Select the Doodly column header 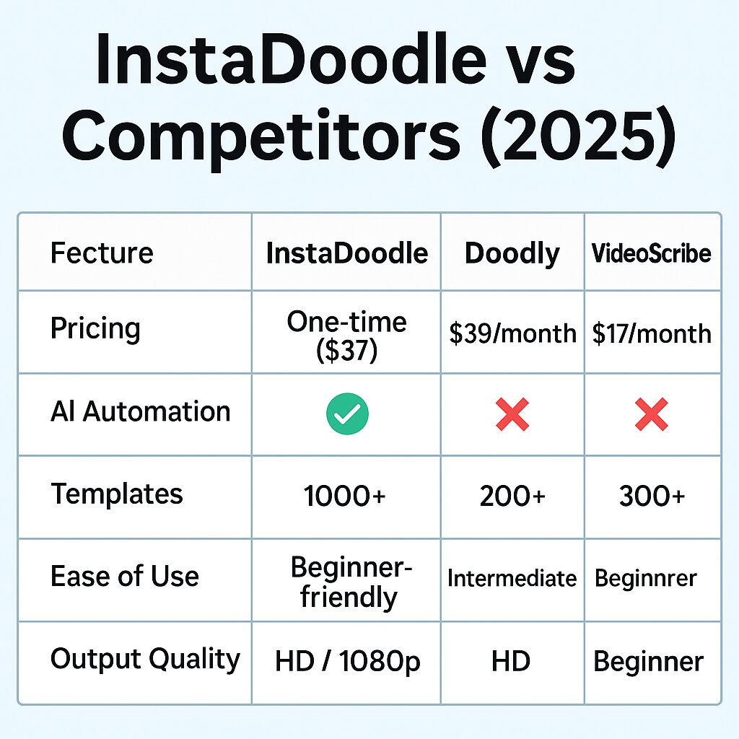pyautogui.click(x=512, y=253)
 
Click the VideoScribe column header pyautogui.click(x=652, y=253)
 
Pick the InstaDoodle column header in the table pyautogui.click(x=347, y=253)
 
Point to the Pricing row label pyautogui.click(x=95, y=328)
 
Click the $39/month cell pyautogui.click(x=513, y=333)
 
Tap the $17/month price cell pyautogui.click(x=652, y=334)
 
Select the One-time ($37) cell pyautogui.click(x=347, y=336)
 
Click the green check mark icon pyautogui.click(x=347, y=414)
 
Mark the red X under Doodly pyautogui.click(x=512, y=414)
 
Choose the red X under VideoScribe pyautogui.click(x=652, y=414)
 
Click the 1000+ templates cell pyautogui.click(x=344, y=497)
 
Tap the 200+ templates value pyautogui.click(x=512, y=497)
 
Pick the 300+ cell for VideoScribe pyautogui.click(x=652, y=497)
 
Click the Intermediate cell pyautogui.click(x=512, y=578)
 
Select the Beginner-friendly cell pyautogui.click(x=351, y=582)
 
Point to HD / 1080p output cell pyautogui.click(x=347, y=661)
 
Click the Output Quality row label pyautogui.click(x=145, y=660)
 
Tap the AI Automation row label pyautogui.click(x=141, y=411)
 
